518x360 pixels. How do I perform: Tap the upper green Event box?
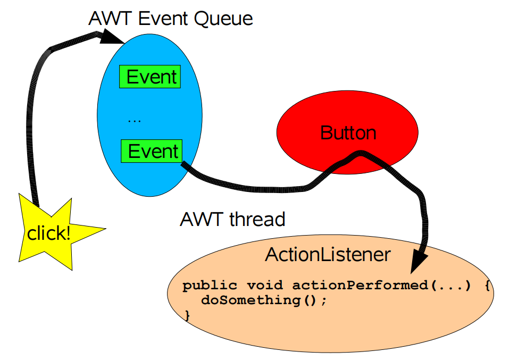(x=151, y=77)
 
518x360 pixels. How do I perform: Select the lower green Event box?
(x=152, y=151)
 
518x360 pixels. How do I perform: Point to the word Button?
(x=348, y=132)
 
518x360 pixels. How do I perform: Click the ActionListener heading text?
(x=328, y=255)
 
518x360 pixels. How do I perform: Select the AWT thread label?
(x=233, y=219)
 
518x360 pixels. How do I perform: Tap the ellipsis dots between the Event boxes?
(x=135, y=121)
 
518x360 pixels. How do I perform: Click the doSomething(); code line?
(x=263, y=300)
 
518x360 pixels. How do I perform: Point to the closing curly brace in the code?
(x=187, y=315)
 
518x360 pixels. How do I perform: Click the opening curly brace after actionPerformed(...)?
(x=487, y=286)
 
